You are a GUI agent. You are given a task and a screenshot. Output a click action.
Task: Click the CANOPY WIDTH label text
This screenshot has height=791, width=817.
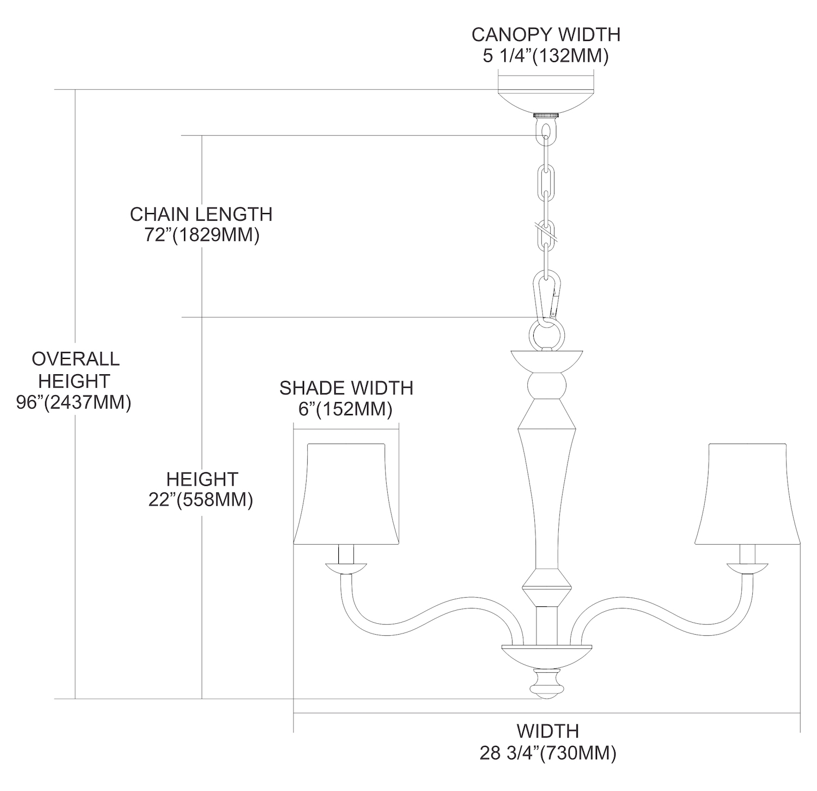click(x=546, y=34)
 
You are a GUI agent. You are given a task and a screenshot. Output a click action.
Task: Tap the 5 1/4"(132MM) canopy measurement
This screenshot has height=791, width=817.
click(x=546, y=56)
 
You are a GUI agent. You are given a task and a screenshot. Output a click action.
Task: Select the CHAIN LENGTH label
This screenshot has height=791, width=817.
click(x=201, y=214)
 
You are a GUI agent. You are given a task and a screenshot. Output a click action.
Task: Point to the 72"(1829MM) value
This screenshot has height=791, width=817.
click(x=201, y=235)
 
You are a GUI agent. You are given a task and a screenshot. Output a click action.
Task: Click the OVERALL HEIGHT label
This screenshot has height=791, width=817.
click(x=75, y=370)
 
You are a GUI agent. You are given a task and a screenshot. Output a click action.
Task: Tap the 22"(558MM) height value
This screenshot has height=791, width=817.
click(x=201, y=500)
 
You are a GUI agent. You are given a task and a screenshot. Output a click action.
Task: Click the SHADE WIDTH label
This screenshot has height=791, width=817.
click(x=346, y=388)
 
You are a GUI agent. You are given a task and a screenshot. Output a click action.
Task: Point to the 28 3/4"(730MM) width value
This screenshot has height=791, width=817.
click(x=547, y=753)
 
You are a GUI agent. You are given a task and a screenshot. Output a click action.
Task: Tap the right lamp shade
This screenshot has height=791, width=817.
click(x=748, y=494)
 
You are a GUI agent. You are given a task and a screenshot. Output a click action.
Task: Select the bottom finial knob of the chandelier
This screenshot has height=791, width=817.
click(x=546, y=685)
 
